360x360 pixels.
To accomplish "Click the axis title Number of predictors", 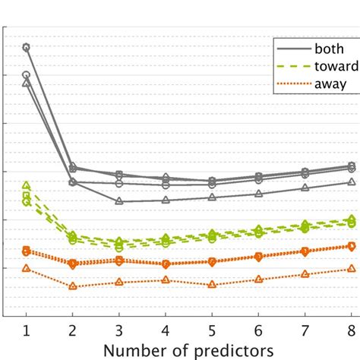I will (188, 351).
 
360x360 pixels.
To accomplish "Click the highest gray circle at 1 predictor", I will (27, 47).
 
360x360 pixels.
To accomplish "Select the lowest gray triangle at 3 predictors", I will (119, 201).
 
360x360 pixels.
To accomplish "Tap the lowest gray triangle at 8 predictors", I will (351, 182).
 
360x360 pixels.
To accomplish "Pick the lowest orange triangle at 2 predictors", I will (73, 286).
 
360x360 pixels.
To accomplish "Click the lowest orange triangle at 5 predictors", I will (212, 285).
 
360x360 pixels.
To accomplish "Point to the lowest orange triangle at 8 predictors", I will (351, 268).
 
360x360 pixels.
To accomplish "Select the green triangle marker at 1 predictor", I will (27, 185).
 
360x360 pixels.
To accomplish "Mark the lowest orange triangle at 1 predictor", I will (27, 268).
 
